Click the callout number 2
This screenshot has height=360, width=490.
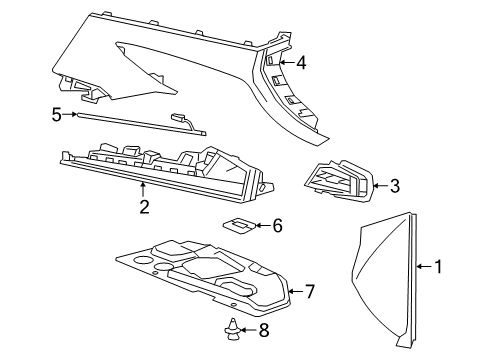click(144, 207)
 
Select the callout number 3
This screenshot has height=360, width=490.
click(394, 185)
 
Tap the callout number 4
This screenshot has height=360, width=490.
click(300, 64)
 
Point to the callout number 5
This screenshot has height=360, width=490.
click(57, 114)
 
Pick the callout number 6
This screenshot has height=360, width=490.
click(277, 226)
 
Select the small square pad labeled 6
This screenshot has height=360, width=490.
click(240, 226)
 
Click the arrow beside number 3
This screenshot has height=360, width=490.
click(378, 185)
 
